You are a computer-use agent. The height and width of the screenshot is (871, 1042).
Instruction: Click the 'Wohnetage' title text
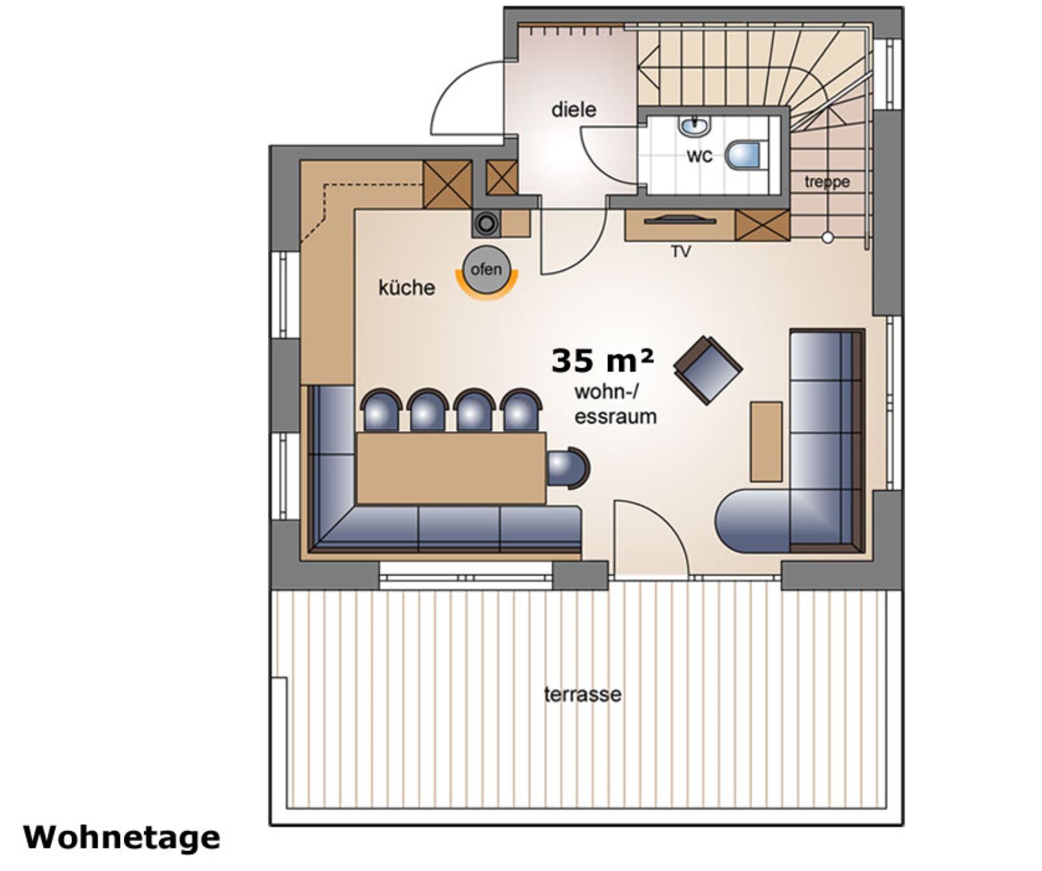(122, 838)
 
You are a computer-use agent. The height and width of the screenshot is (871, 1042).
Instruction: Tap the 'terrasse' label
(582, 694)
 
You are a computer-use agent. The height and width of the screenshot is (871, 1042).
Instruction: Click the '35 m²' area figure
(602, 361)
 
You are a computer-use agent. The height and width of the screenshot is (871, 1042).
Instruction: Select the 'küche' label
(406, 287)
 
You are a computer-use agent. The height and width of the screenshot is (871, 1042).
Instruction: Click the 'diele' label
(573, 109)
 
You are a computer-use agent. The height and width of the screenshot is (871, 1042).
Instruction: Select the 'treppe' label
(826, 182)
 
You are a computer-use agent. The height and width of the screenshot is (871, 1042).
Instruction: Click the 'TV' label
(681, 251)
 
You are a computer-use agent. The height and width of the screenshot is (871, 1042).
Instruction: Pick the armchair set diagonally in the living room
(708, 369)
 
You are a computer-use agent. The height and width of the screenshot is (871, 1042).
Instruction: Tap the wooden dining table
(451, 468)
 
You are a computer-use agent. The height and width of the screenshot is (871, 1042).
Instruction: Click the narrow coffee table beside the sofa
(766, 441)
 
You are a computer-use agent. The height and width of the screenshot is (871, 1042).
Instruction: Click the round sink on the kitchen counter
(485, 223)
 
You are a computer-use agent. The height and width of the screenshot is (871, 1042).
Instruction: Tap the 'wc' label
(699, 156)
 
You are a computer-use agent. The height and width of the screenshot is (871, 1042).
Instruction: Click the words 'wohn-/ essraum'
(615, 405)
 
